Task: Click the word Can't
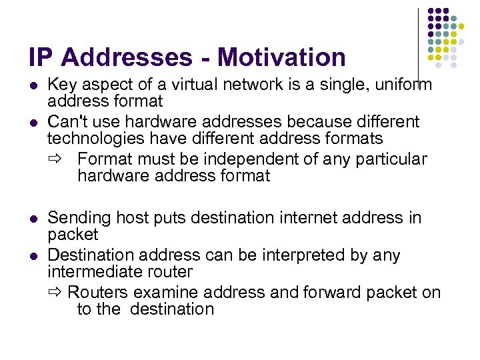coord(68,122)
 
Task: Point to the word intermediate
coord(91,271)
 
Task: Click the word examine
coord(166,293)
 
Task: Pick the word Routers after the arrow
coord(98,293)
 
